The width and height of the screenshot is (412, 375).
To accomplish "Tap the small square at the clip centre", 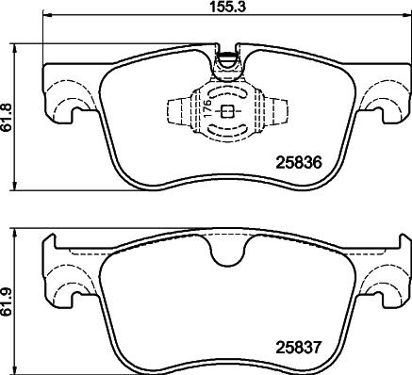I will (226, 112).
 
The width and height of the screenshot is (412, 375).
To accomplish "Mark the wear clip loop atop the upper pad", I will (226, 64).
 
